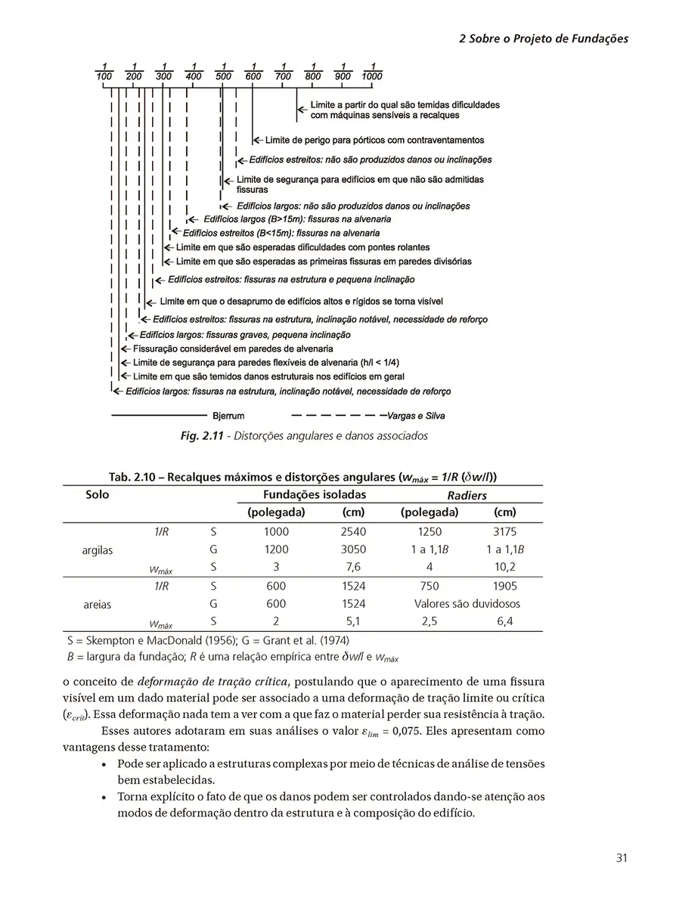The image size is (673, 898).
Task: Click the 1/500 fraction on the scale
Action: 223,71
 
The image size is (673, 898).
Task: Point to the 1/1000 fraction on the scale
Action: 372,71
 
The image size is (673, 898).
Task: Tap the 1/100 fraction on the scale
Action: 104,71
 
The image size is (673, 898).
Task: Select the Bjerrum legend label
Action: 228,416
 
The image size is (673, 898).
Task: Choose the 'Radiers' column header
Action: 467,496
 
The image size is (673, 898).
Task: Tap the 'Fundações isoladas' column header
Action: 314,495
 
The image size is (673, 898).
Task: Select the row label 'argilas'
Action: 98,550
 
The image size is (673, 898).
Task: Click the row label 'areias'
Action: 98,605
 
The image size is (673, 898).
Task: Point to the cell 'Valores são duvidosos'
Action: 467,604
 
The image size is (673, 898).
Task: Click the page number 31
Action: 622,857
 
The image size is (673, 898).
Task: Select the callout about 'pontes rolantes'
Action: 302,247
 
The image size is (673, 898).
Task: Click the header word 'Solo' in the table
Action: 98,495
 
